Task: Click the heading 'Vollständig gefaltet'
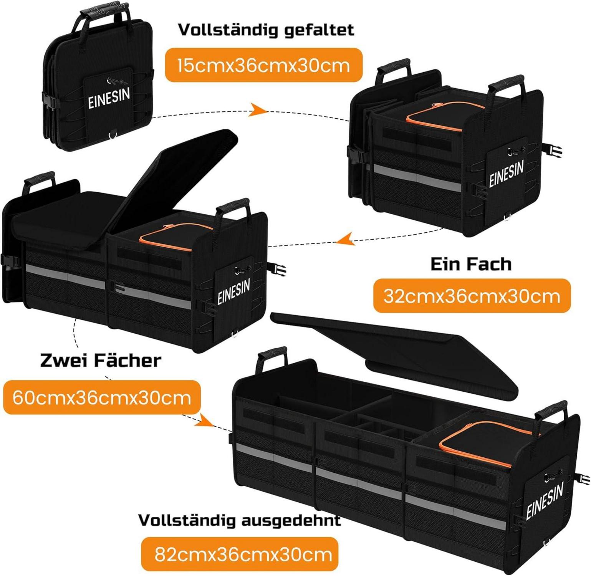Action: point(266,30)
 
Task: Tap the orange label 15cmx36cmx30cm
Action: point(264,66)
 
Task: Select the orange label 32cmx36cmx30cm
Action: point(472,296)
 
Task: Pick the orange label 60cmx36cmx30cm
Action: point(102,397)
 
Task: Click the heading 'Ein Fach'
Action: point(471,264)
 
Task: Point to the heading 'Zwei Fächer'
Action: point(101,360)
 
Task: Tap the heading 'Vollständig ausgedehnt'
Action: point(239,520)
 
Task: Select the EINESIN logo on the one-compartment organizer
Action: point(506,174)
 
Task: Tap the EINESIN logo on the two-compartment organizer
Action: point(233,292)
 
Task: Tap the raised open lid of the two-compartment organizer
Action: point(177,180)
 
